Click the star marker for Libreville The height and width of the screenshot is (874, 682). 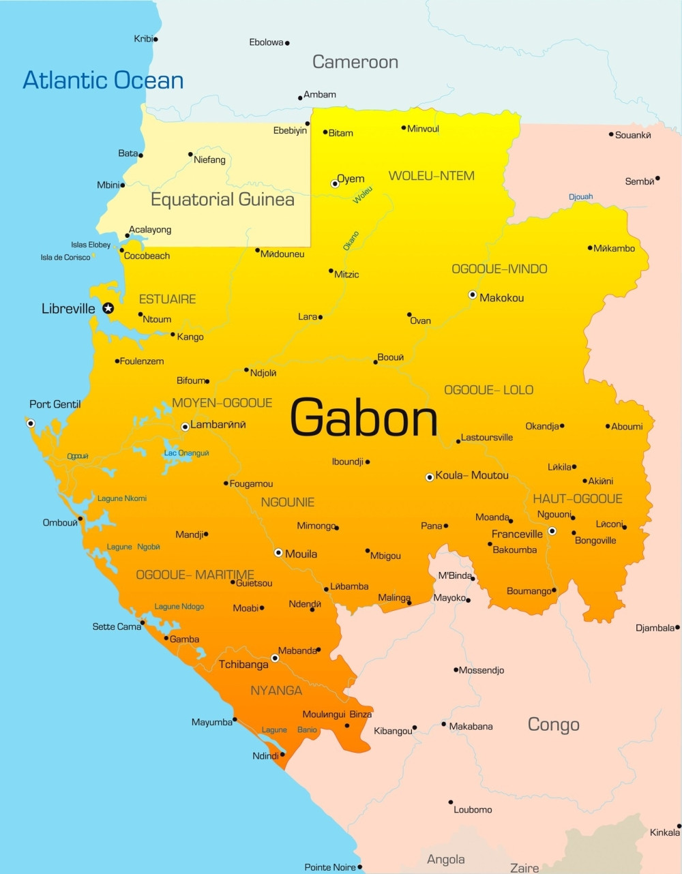tap(108, 308)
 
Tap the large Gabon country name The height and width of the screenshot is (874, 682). tap(364, 417)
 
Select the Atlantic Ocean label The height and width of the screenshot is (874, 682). tap(103, 80)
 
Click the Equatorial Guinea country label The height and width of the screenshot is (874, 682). tap(222, 200)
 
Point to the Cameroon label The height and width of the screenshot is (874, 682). tap(355, 62)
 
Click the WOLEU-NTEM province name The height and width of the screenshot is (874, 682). tap(431, 176)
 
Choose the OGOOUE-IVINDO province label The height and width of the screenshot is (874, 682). tap(499, 269)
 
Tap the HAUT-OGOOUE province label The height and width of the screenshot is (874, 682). tap(577, 499)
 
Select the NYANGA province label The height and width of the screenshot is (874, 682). tap(276, 691)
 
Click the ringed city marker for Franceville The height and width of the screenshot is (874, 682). tap(552, 531)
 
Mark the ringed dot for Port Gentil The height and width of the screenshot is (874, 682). tap(31, 423)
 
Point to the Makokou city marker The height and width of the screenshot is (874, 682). tap(473, 295)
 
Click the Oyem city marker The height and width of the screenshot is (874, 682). tap(335, 183)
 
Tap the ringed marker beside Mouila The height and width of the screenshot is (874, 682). tap(278, 552)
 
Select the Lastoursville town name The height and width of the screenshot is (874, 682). tap(487, 438)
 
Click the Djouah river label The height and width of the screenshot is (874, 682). tap(580, 197)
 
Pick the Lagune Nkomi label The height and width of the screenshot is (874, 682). tap(122, 498)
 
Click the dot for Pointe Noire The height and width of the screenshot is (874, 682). tap(360, 867)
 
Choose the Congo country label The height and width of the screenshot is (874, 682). tap(553, 725)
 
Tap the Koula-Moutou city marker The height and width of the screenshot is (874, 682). tap(430, 477)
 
